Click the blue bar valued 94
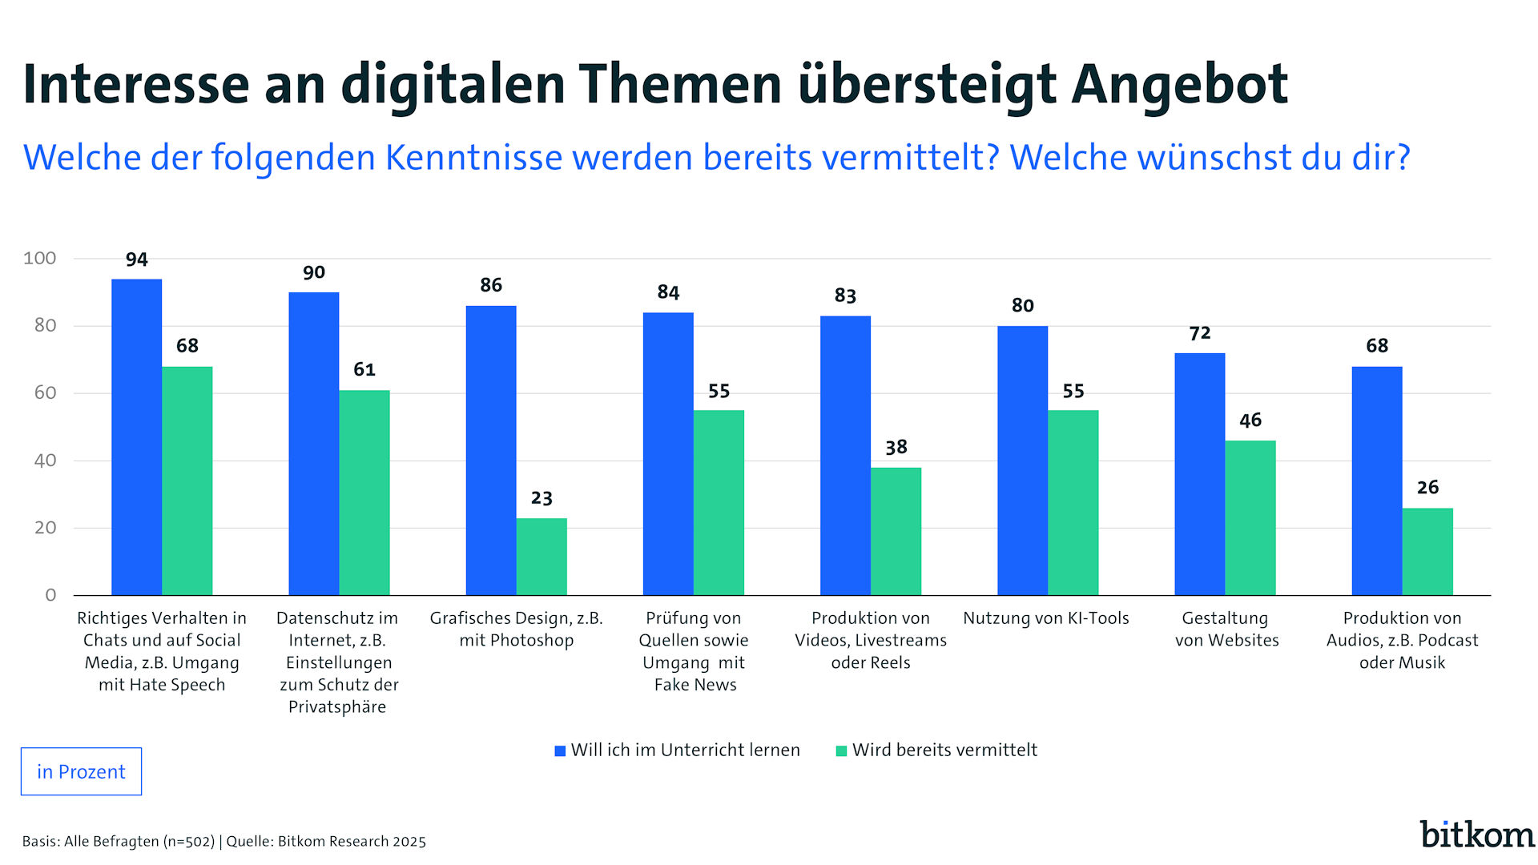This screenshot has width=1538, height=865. (136, 437)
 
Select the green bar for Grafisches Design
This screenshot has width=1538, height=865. (542, 557)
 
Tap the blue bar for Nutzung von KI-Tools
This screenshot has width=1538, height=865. (1022, 461)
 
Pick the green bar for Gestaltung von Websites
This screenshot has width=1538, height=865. (1250, 517)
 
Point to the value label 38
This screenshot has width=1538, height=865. (896, 447)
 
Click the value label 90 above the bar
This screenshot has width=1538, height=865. (314, 272)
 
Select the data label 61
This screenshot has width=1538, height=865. (364, 369)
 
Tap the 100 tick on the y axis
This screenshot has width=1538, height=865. (40, 258)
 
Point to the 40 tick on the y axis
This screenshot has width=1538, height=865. (45, 461)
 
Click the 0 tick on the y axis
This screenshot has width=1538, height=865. (50, 595)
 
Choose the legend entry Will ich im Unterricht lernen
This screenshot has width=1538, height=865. (685, 750)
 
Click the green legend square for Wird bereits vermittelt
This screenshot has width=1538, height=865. (841, 751)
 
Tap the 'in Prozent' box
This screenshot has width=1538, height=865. (81, 771)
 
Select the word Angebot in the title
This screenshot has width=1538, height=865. (1179, 84)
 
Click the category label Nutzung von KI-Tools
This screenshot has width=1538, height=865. (1045, 618)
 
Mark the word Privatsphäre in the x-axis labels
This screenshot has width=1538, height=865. (337, 707)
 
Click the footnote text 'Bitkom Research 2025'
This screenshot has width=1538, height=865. (352, 842)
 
